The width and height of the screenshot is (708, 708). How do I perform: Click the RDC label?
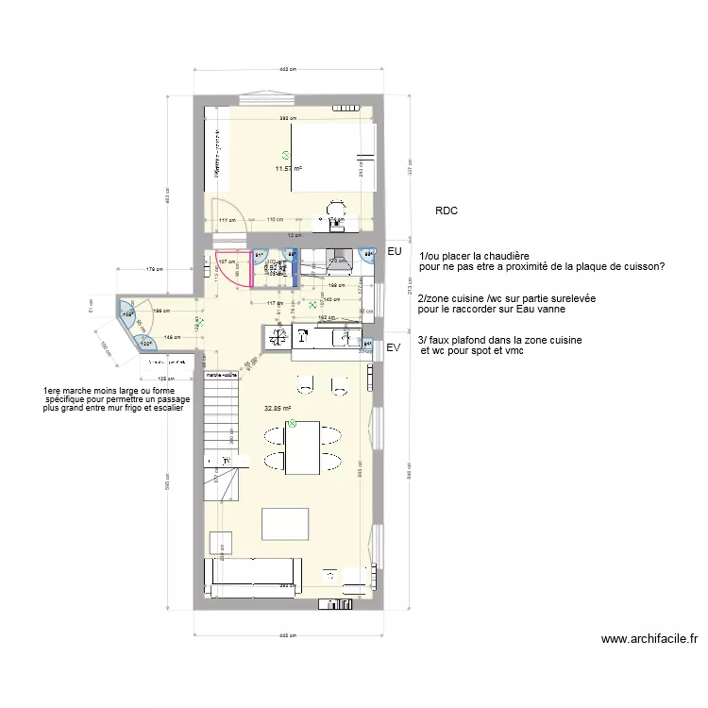click(x=447, y=211)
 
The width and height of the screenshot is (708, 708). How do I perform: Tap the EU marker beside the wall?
click(x=395, y=253)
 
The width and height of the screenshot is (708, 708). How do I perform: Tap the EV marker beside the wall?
click(x=395, y=347)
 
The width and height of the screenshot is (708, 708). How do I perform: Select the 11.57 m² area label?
click(x=287, y=169)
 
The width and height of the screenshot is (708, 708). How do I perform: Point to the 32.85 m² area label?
click(x=278, y=409)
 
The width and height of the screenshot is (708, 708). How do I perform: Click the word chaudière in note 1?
click(x=502, y=256)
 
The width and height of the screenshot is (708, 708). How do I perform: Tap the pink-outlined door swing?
click(x=231, y=269)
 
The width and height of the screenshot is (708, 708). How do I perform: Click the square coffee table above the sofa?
click(x=285, y=522)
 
